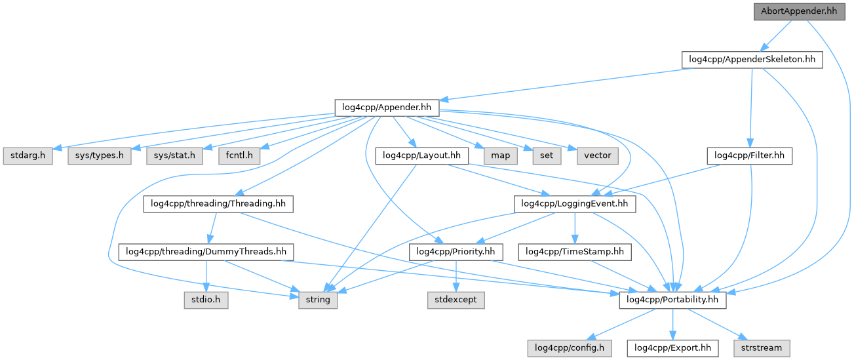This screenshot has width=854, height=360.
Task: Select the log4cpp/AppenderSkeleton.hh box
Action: click(x=752, y=59)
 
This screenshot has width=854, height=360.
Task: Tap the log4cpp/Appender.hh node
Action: click(x=386, y=108)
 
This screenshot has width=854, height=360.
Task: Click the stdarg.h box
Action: click(x=28, y=155)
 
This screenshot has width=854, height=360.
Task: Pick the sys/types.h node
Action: click(x=99, y=155)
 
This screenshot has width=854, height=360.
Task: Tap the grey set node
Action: click(x=547, y=155)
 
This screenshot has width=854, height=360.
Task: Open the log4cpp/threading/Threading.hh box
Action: click(x=218, y=204)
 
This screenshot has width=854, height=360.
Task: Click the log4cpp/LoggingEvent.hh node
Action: click(x=574, y=204)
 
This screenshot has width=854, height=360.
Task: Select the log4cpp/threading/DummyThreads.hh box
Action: click(x=206, y=252)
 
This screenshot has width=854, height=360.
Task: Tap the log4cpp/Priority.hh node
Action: click(x=456, y=252)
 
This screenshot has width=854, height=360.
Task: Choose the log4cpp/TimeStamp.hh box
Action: click(x=574, y=252)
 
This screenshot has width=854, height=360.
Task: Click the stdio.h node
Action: click(x=206, y=300)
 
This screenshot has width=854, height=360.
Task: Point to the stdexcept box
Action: click(x=456, y=300)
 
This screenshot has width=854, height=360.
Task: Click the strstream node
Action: click(x=762, y=348)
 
